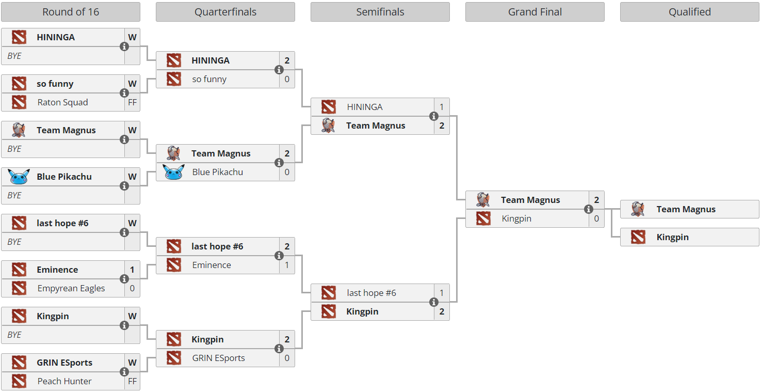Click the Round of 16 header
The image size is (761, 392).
pyautogui.click(x=71, y=12)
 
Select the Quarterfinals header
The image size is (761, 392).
pyautogui.click(x=225, y=12)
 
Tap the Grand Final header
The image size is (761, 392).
pyautogui.click(x=535, y=12)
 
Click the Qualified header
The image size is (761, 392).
pyautogui.click(x=690, y=12)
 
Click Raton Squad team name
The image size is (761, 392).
pyautogui.click(x=62, y=102)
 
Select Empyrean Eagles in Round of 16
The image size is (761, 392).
pyautogui.click(x=71, y=288)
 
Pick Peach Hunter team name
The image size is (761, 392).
pyautogui.click(x=64, y=381)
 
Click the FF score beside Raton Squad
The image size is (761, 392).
pyautogui.click(x=132, y=102)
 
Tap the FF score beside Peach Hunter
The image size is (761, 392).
pyautogui.click(x=132, y=381)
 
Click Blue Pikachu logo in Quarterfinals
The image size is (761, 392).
pyautogui.click(x=174, y=172)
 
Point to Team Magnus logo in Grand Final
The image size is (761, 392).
pyautogui.click(x=483, y=200)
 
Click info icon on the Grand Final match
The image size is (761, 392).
pyautogui.click(x=589, y=209)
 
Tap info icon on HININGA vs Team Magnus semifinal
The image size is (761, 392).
pyautogui.click(x=434, y=116)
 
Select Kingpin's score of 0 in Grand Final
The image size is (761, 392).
pyautogui.click(x=596, y=218)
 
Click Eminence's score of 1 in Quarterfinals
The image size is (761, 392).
pyautogui.click(x=287, y=265)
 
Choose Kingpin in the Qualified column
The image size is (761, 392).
pyautogui.click(x=673, y=238)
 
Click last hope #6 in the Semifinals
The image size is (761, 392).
pyautogui.click(x=371, y=293)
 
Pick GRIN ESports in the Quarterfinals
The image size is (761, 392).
pyautogui.click(x=218, y=358)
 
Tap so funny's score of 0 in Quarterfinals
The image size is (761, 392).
pyautogui.click(x=287, y=79)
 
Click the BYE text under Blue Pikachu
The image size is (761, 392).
pyautogui.click(x=14, y=195)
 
